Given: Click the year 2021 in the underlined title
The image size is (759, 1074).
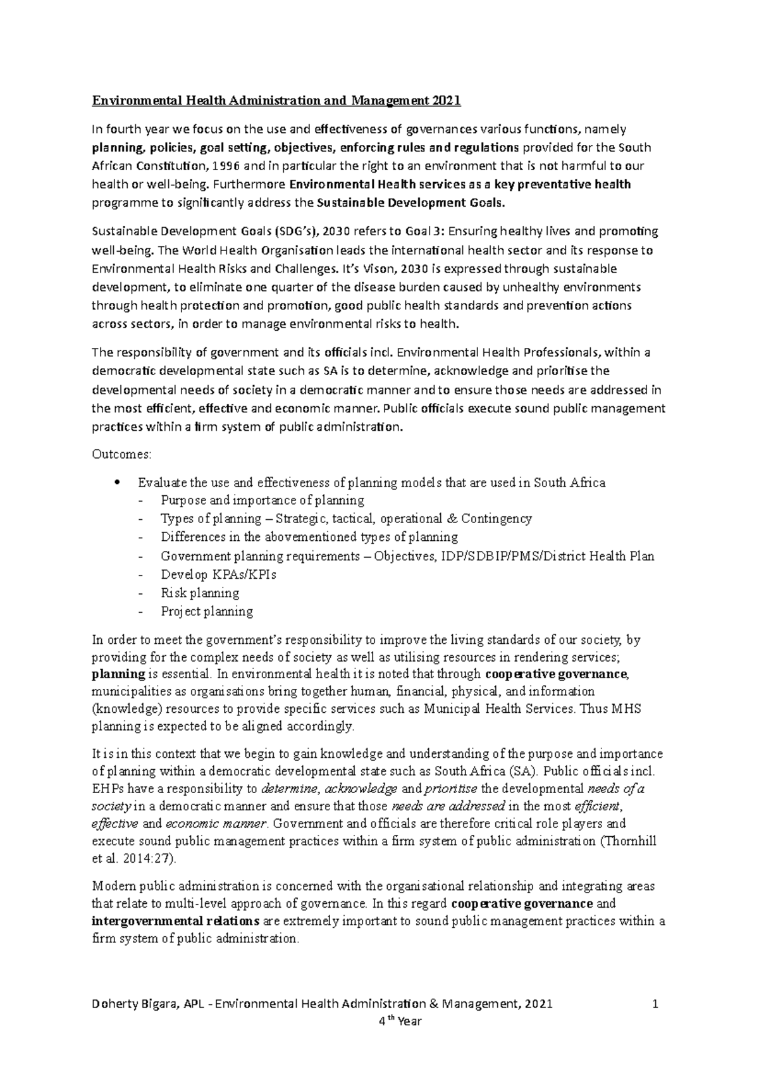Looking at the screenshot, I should tap(447, 101).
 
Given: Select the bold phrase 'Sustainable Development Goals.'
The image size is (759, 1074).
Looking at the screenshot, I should tap(411, 204).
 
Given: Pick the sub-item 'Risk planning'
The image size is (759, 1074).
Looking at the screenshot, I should tap(200, 593).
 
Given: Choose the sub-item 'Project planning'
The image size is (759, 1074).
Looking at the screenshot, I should tap(207, 612).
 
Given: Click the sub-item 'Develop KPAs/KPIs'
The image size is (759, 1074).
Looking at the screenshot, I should tap(218, 575).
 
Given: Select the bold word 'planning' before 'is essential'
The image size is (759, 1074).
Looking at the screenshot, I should tap(118, 674).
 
